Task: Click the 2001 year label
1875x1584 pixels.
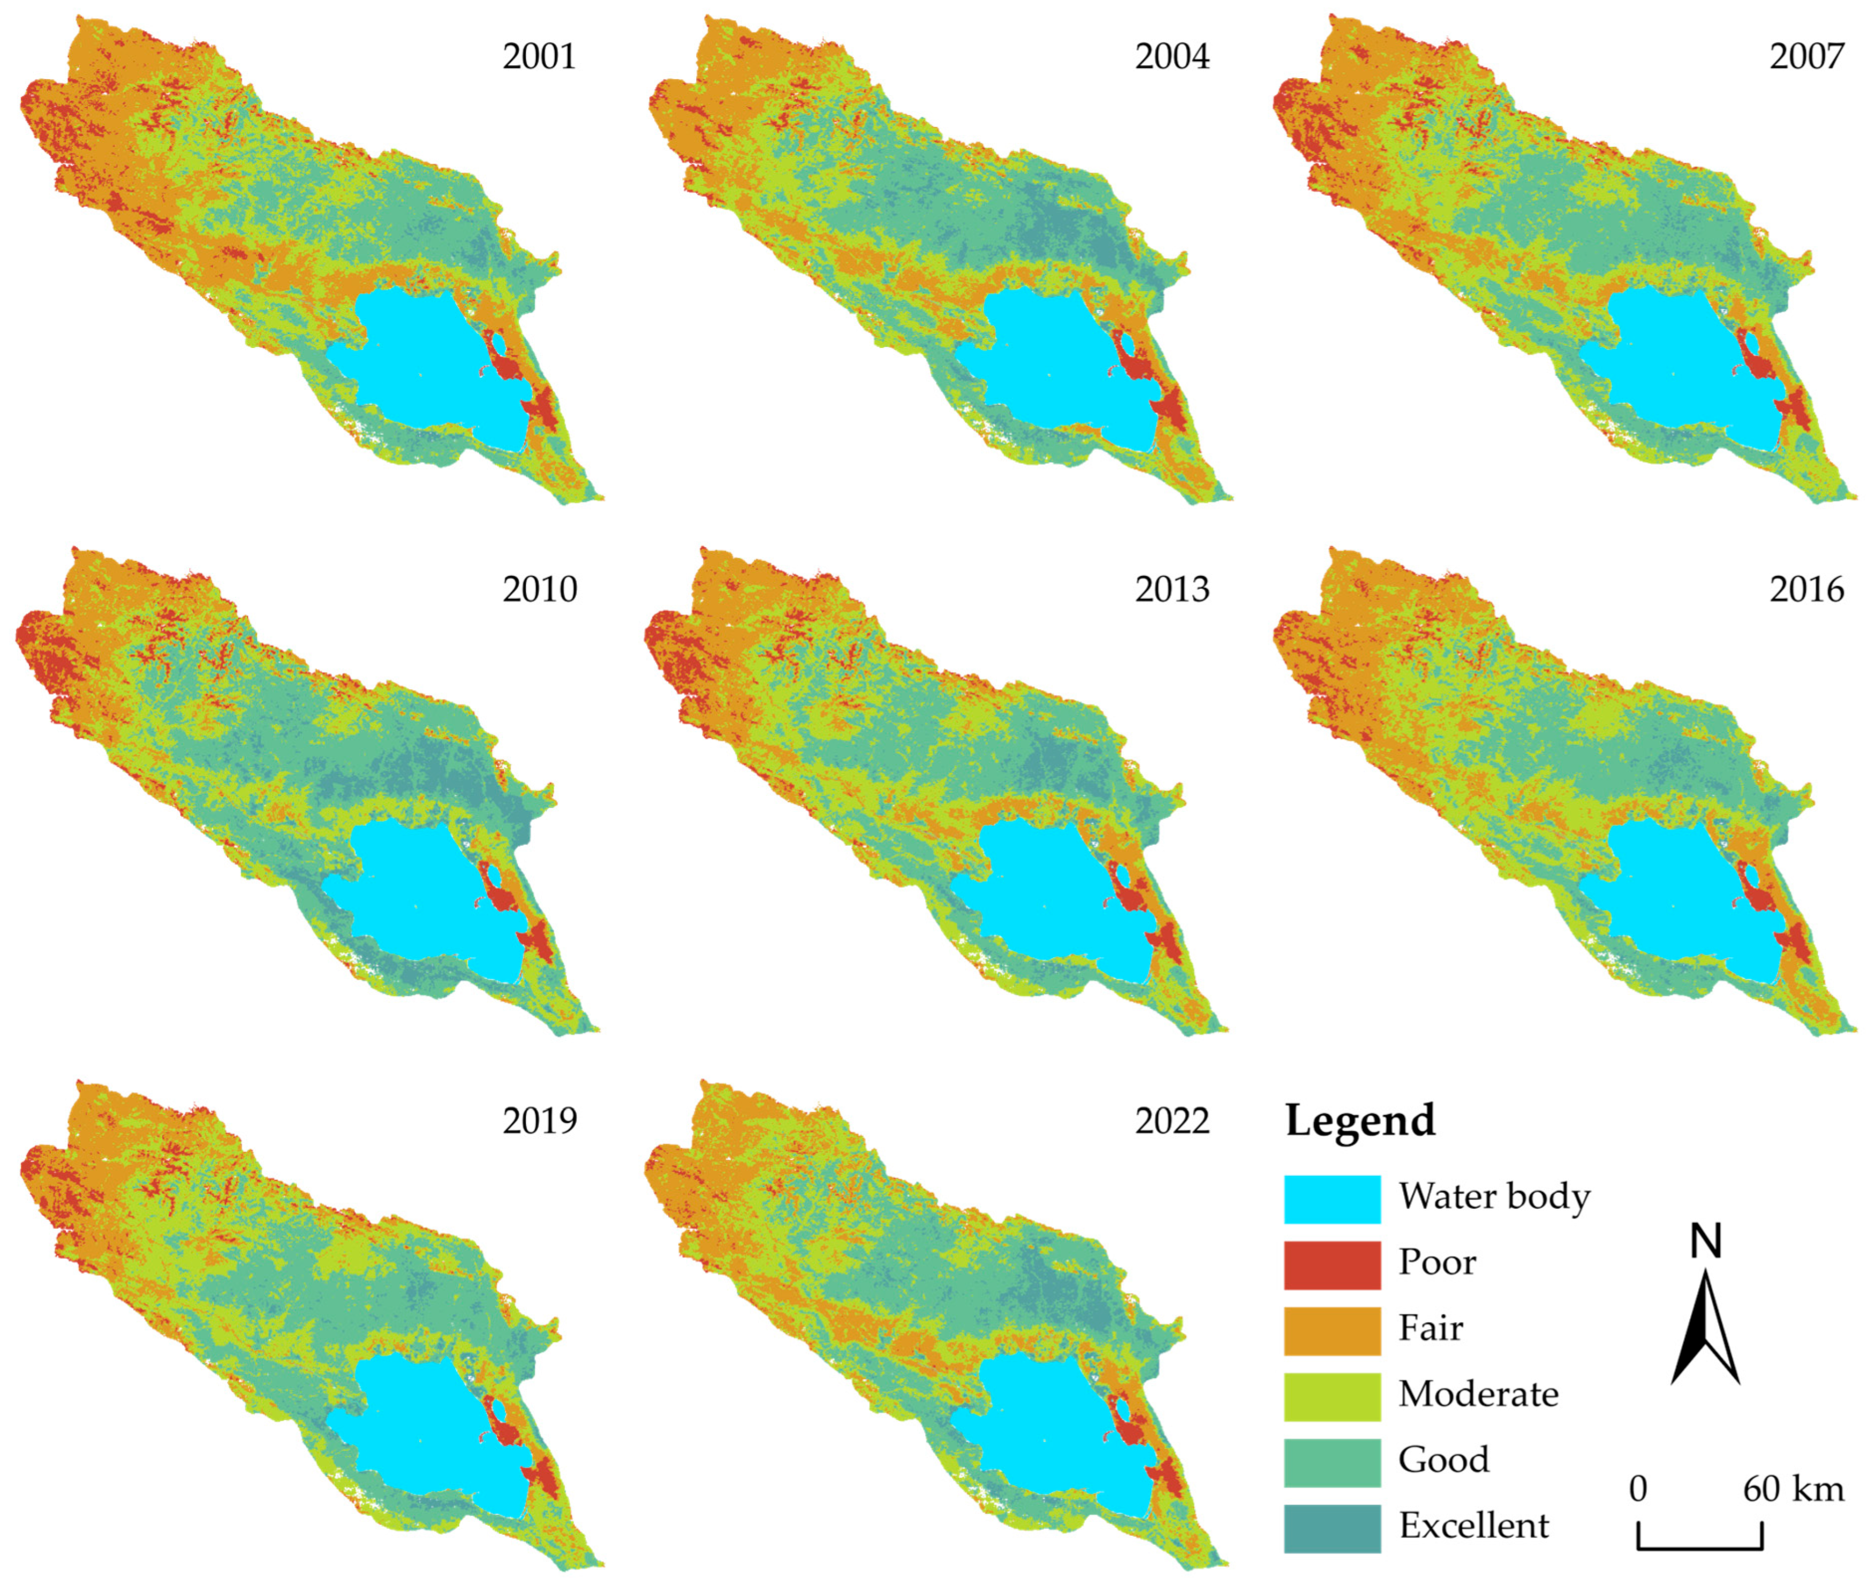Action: tap(539, 57)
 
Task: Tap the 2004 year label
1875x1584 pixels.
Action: tap(1172, 57)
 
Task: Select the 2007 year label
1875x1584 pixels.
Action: tap(1806, 57)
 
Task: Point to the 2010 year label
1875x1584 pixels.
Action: tap(539, 589)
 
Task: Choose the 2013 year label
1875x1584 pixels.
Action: tap(1172, 589)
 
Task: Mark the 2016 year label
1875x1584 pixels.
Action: tap(1806, 589)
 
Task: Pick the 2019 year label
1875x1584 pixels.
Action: tap(539, 1120)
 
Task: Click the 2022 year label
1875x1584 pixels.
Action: tap(1172, 1120)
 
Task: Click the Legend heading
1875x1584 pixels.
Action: tap(1359, 1120)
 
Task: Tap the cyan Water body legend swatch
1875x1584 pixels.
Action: tap(1332, 1199)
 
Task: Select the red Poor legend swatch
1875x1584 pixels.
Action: tap(1332, 1264)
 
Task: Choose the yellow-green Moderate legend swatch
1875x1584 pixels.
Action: tap(1332, 1396)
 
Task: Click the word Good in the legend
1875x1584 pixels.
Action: tap(1443, 1459)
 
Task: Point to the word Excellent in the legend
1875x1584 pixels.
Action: tap(1473, 1525)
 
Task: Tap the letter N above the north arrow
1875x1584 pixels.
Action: tap(1705, 1242)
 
